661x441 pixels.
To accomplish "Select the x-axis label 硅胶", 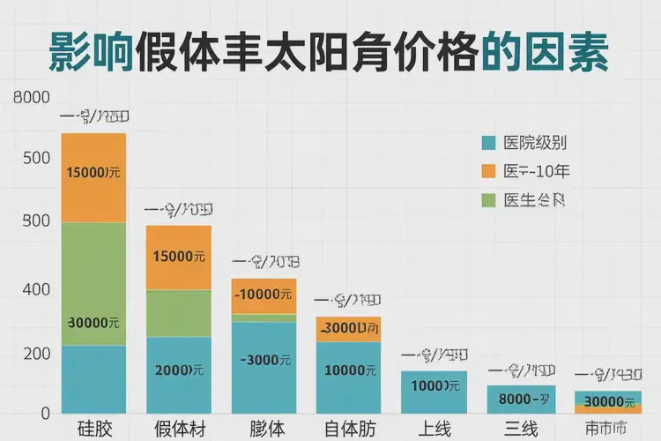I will [93, 430].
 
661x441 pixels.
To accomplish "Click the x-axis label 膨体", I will [265, 430].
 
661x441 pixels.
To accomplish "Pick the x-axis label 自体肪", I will [349, 430].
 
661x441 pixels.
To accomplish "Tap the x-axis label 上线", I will [434, 430].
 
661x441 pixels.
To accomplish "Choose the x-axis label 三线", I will [522, 430].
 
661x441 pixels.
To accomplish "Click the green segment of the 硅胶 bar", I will [93, 282].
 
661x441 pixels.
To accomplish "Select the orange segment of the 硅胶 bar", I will [93, 177].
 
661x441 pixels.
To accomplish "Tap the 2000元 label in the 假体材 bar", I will [179, 370].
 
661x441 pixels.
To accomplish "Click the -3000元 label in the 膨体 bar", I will [264, 360].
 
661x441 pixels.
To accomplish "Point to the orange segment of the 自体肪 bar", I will [349, 328].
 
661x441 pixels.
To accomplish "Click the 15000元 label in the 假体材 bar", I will [179, 257].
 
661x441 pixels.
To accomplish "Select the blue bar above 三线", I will [521, 400].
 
